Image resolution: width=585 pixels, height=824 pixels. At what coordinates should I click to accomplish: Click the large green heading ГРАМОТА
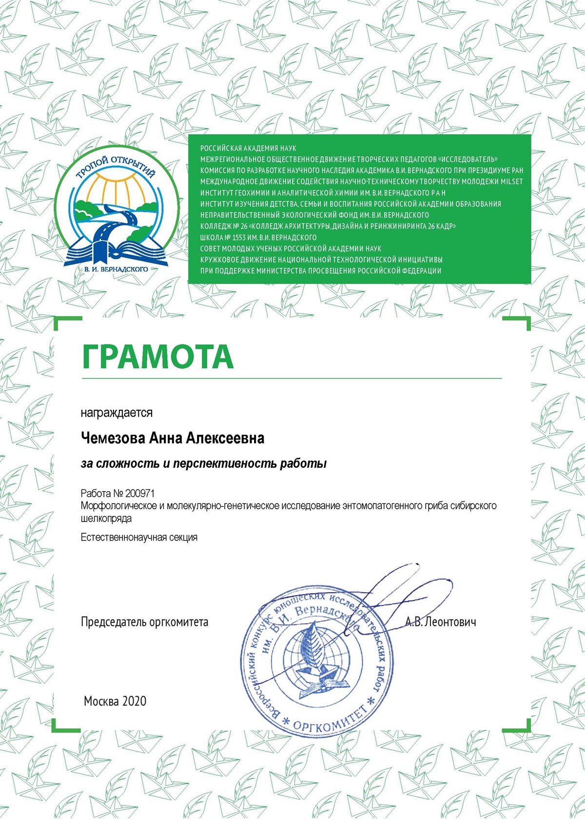[x=157, y=357]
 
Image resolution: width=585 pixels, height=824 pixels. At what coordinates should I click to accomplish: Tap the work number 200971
[x=139, y=493]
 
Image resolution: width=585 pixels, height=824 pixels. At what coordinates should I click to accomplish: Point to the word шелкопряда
[x=106, y=518]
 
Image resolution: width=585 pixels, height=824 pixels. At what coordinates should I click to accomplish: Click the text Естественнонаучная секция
[x=139, y=537]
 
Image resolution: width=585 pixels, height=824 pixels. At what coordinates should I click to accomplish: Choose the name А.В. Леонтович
[x=440, y=622]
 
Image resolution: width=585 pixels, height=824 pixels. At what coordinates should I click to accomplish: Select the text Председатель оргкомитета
[x=144, y=622]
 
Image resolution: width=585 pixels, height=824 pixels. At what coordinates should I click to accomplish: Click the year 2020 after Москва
[x=134, y=701]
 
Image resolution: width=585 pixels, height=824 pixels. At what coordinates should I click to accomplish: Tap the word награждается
[x=117, y=413]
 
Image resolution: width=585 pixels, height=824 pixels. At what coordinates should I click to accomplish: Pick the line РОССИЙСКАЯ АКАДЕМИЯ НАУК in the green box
[x=248, y=148]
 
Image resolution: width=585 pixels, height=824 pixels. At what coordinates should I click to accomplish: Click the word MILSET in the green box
[x=511, y=181]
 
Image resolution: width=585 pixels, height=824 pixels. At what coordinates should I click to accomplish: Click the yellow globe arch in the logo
[x=117, y=191]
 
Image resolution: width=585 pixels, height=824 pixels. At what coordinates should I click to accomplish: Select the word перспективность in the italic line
[x=224, y=463]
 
